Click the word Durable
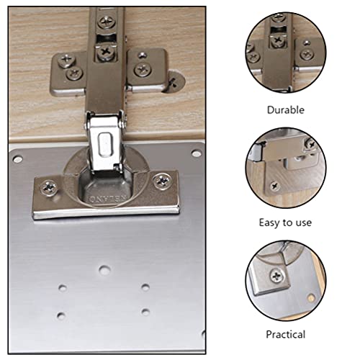tap(286, 110)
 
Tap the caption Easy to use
tap(286, 222)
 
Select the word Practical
tap(286, 334)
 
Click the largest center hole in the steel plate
tap(105, 271)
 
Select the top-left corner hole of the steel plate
tap(18, 158)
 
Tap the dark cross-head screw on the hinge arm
tap(107, 52)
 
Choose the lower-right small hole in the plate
tap(146, 312)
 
